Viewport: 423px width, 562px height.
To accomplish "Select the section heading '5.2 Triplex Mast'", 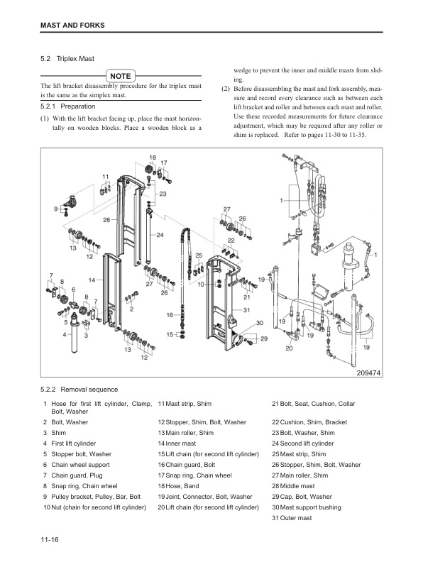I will (x=68, y=59).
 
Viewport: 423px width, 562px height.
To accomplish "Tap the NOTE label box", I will (x=120, y=75).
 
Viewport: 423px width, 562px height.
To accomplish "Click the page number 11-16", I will (x=50, y=541).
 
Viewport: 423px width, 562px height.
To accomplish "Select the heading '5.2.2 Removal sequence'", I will (x=79, y=390).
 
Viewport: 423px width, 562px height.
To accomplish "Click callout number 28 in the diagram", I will (x=106, y=221).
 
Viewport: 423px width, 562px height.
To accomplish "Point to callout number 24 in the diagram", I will (x=160, y=234).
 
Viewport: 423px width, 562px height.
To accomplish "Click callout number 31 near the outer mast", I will (x=246, y=309).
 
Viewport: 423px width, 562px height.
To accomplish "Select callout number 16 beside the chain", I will (x=170, y=314).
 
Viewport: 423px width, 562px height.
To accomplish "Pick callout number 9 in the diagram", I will (x=56, y=209).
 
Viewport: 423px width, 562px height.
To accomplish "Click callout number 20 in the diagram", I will (x=290, y=348).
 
